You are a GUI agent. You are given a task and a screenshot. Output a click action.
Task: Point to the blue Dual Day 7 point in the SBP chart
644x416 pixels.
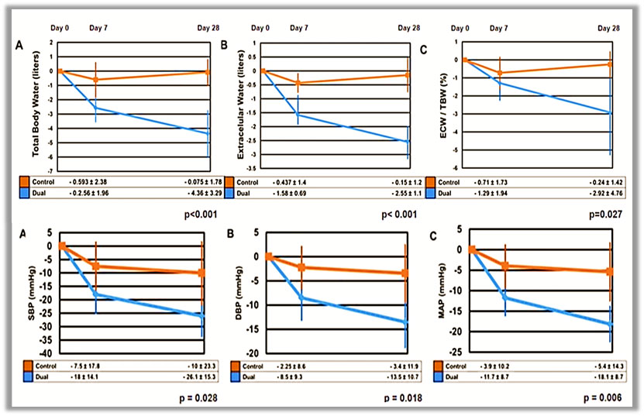pos(96,294)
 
